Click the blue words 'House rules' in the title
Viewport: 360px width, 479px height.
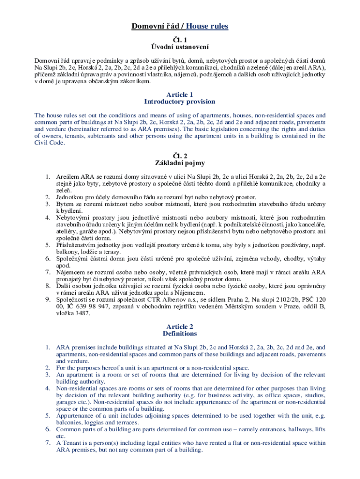coord(207,26)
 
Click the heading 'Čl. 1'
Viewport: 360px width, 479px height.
coord(180,40)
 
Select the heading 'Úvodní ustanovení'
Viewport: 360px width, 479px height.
coord(180,47)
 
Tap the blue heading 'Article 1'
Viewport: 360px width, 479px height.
coord(180,94)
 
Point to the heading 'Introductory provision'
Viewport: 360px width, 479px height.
coord(180,102)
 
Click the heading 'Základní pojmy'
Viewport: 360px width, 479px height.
coord(180,163)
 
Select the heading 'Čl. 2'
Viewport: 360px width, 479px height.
coord(180,156)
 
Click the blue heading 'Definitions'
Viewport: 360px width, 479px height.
coord(180,334)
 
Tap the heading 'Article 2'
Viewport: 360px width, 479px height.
coord(180,327)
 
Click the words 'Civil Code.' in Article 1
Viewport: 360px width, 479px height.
coord(50,143)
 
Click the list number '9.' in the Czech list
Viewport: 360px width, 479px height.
coord(48,299)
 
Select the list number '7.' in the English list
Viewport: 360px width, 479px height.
coord(48,443)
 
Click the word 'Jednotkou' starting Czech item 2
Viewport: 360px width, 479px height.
coord(71,197)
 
